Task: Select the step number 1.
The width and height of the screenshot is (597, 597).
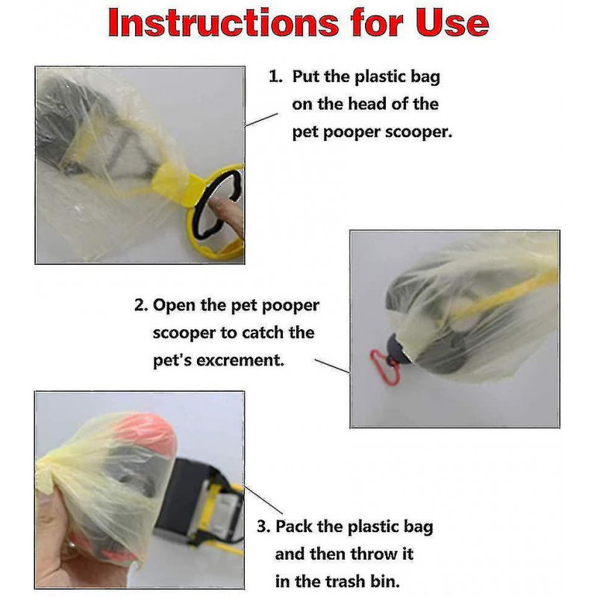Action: tap(275, 76)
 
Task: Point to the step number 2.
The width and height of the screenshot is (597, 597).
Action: tap(140, 306)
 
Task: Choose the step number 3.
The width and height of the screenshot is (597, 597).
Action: tap(263, 527)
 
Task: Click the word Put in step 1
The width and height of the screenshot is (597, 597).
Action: tap(306, 76)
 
